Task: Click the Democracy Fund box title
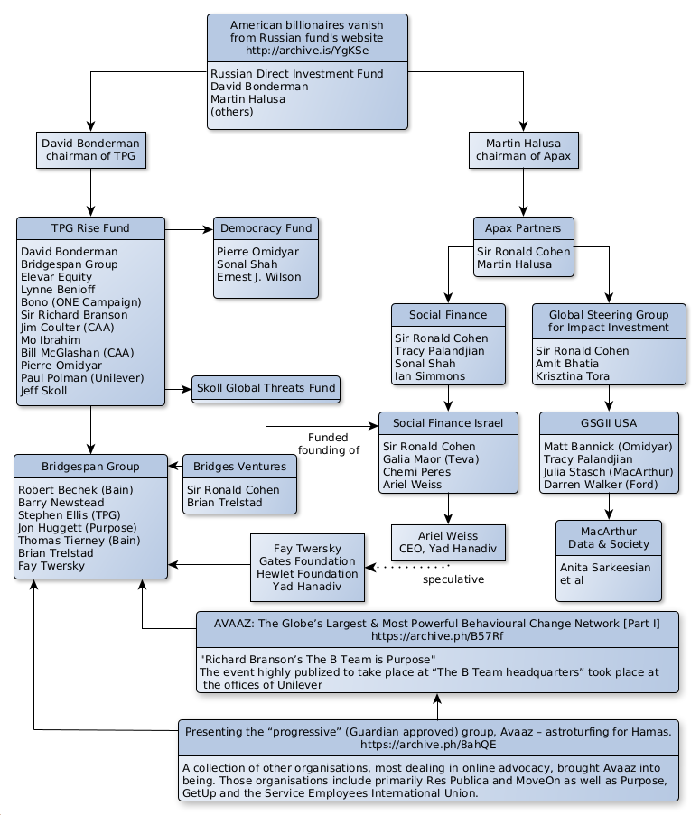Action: pos(266,228)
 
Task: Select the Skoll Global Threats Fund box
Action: pos(266,388)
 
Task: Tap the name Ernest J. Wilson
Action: pos(258,277)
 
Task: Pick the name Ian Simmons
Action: pos(430,376)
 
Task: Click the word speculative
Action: pos(453,579)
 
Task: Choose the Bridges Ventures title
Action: pos(239,467)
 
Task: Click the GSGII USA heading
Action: pos(609,422)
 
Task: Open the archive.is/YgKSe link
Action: pos(307,51)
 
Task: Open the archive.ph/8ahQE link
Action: pos(428,746)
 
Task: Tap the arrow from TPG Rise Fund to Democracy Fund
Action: pos(188,229)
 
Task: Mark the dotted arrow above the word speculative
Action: pos(411,566)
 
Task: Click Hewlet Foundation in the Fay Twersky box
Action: pos(307,574)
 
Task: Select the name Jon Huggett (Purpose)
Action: pos(77,528)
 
